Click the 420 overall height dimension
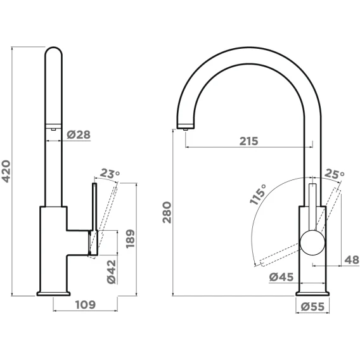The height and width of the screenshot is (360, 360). pyautogui.click(x=6, y=171)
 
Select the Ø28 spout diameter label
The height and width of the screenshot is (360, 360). pyautogui.click(x=79, y=134)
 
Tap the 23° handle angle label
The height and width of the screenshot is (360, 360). pyautogui.click(x=110, y=173)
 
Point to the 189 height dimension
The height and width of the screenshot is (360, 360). pyautogui.click(x=130, y=238)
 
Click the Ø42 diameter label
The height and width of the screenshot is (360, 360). pyautogui.click(x=112, y=272)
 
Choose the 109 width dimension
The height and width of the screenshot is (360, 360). pyautogui.click(x=85, y=305)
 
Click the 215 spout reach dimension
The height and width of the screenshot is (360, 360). pyautogui.click(x=249, y=141)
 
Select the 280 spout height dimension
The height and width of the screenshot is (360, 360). pyautogui.click(x=167, y=212)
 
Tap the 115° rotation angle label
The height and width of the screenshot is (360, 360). pyautogui.click(x=258, y=194)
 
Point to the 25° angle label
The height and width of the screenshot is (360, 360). pyautogui.click(x=334, y=174)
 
